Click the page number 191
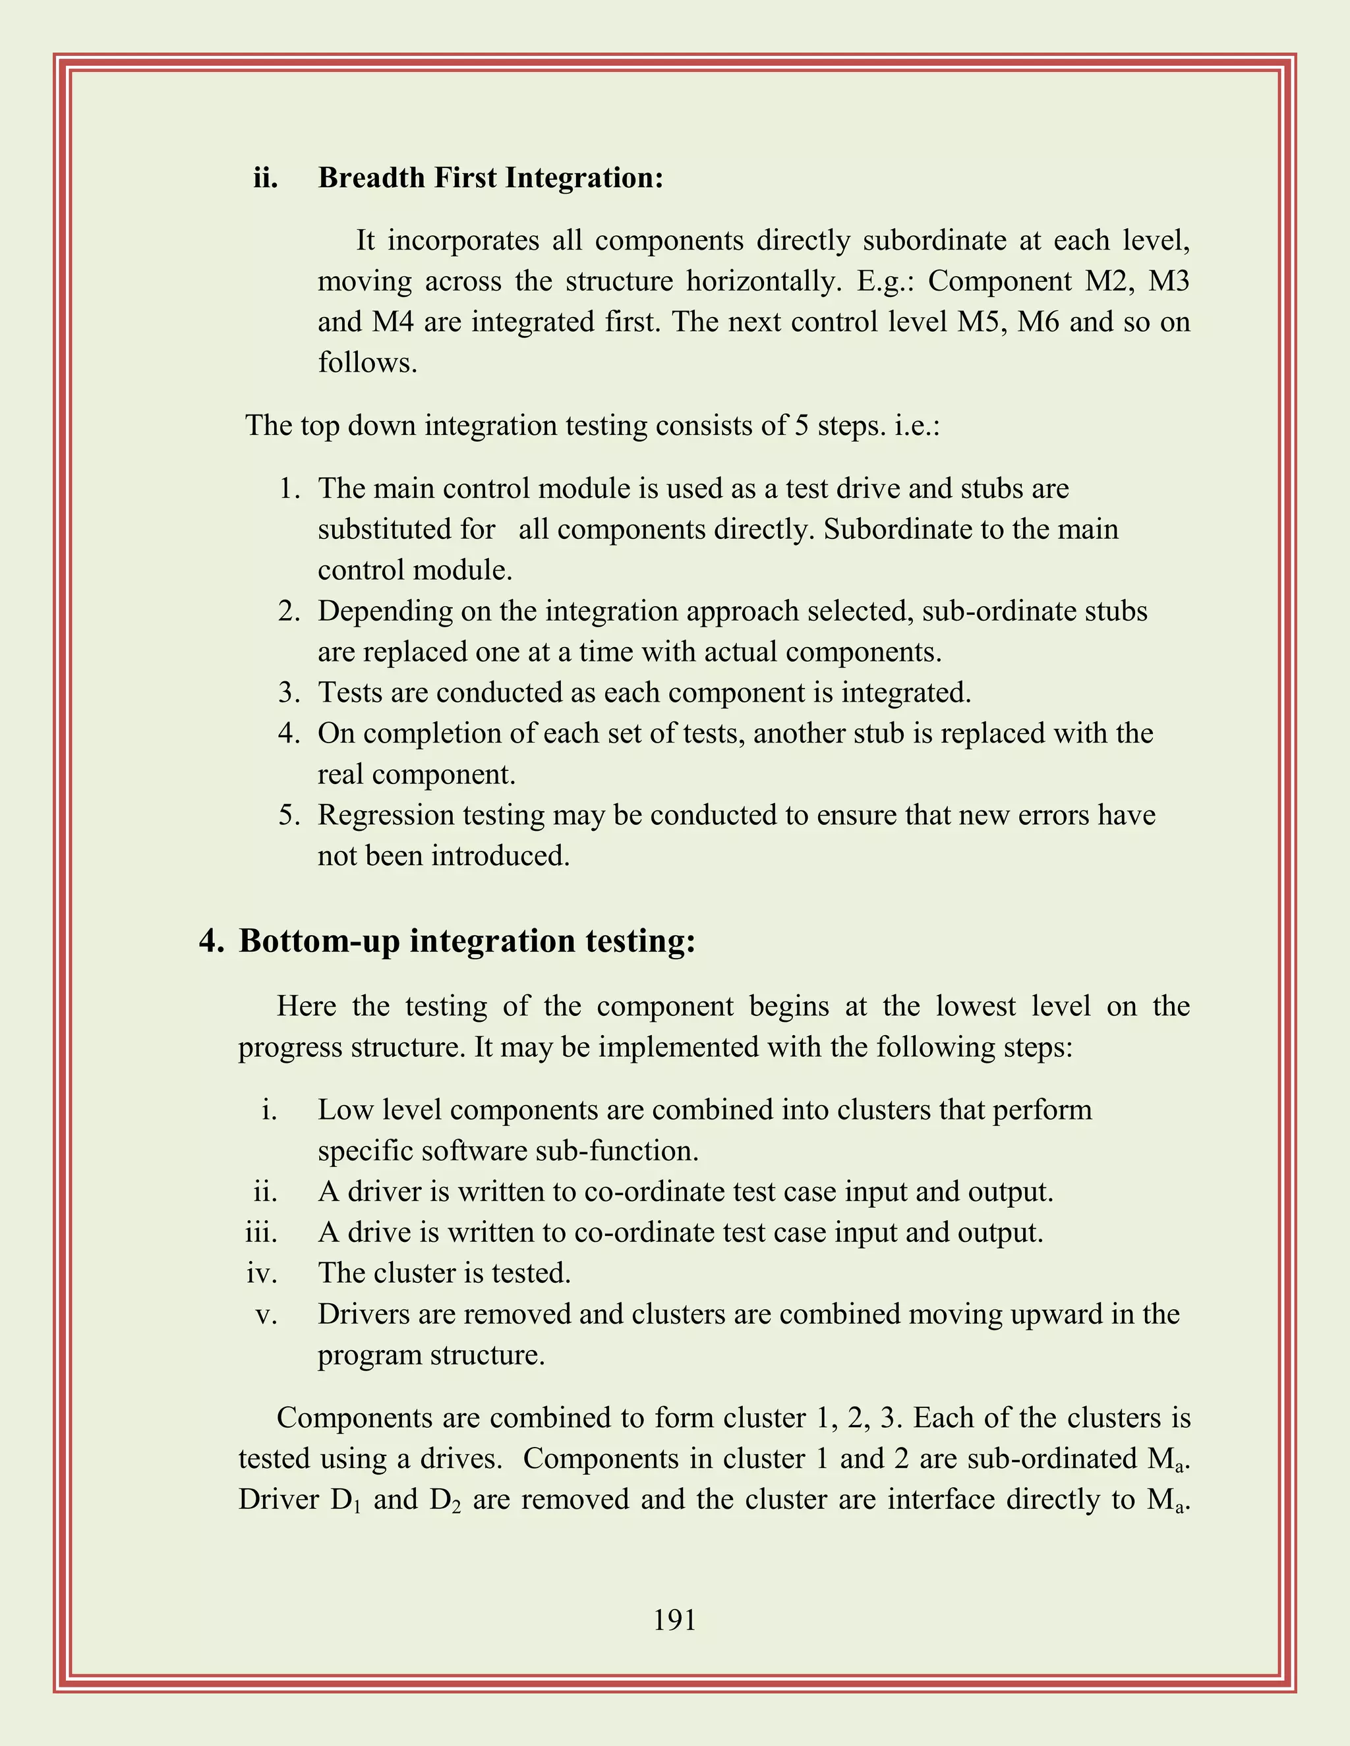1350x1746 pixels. (674, 1621)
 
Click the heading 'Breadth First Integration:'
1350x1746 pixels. (490, 177)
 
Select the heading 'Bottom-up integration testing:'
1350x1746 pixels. (467, 941)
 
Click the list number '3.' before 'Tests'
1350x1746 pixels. (289, 692)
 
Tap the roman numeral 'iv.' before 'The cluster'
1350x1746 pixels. (262, 1273)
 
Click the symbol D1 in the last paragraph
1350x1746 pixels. (345, 1500)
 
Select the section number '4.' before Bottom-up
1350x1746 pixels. (212, 941)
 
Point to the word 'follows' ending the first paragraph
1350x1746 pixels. (367, 363)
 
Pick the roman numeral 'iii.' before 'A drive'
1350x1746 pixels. (261, 1232)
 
